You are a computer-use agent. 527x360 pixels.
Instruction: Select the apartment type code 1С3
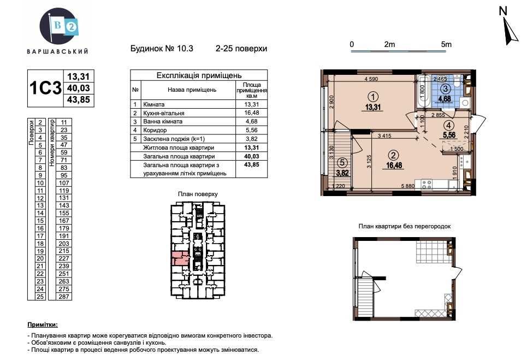[45, 88]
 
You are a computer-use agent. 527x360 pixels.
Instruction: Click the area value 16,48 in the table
[251, 113]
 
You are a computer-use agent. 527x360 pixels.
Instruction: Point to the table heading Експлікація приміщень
[199, 75]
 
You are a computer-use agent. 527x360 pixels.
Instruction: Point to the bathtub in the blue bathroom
[423, 95]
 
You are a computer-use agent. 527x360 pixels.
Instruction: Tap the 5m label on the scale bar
[446, 45]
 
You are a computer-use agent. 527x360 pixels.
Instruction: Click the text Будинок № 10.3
[162, 48]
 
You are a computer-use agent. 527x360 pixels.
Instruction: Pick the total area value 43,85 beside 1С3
[78, 100]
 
